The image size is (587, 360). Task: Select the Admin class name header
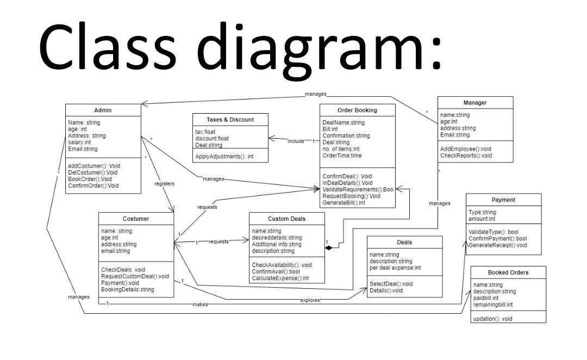coord(103,110)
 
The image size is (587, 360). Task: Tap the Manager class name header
coord(474,102)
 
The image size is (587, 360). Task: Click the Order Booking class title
coord(357,110)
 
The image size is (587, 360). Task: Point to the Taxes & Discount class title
coord(230,120)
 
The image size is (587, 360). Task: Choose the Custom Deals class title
coord(286,219)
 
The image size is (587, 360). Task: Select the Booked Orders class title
coord(508,272)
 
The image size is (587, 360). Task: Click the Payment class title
coord(503,200)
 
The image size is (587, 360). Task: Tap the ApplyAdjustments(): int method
coord(224,156)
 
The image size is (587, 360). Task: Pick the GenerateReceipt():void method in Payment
coord(498,245)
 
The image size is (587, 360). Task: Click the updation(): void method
coord(492,318)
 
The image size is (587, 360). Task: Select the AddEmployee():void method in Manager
coord(465,148)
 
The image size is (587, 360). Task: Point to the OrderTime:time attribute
coord(342,156)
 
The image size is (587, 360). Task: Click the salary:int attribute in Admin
coord(80,142)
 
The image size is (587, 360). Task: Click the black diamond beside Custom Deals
coord(328,247)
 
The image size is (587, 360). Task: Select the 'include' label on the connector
coord(296,141)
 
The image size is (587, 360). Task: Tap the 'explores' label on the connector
coord(310,300)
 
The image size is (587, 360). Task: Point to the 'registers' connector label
coord(164,184)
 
